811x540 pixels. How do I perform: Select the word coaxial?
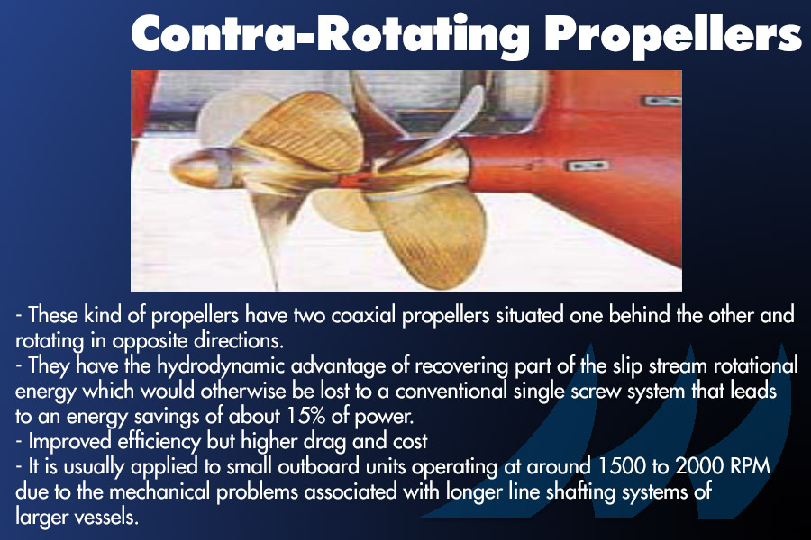tap(364, 315)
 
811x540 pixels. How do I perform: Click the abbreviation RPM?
tap(750, 466)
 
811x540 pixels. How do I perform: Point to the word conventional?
tap(451, 391)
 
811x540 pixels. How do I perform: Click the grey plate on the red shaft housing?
tap(587, 166)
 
